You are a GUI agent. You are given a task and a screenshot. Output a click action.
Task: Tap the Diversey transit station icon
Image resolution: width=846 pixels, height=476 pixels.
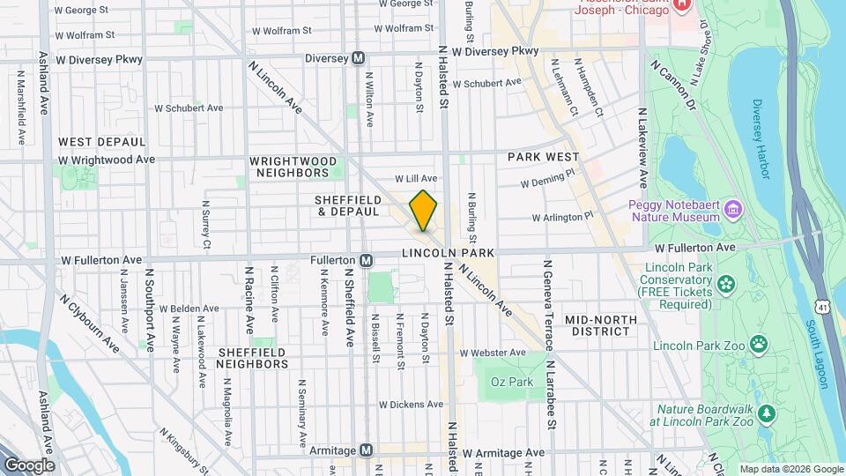click(x=359, y=58)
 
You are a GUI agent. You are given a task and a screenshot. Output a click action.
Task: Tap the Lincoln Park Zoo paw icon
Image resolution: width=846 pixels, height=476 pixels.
click(x=757, y=343)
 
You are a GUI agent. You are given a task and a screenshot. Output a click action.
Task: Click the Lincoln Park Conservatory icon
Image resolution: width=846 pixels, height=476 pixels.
click(x=724, y=283)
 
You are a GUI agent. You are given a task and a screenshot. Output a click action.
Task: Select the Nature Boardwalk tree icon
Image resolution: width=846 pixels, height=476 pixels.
click(x=767, y=413)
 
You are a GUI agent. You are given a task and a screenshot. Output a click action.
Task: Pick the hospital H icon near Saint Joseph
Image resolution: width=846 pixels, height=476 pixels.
click(x=681, y=5)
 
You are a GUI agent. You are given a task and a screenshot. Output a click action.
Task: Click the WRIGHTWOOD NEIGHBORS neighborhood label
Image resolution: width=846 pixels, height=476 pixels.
click(x=293, y=167)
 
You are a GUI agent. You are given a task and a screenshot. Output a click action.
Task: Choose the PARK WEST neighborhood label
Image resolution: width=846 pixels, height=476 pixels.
click(x=544, y=157)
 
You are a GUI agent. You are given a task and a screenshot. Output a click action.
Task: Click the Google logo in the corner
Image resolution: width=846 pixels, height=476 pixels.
click(x=28, y=465)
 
